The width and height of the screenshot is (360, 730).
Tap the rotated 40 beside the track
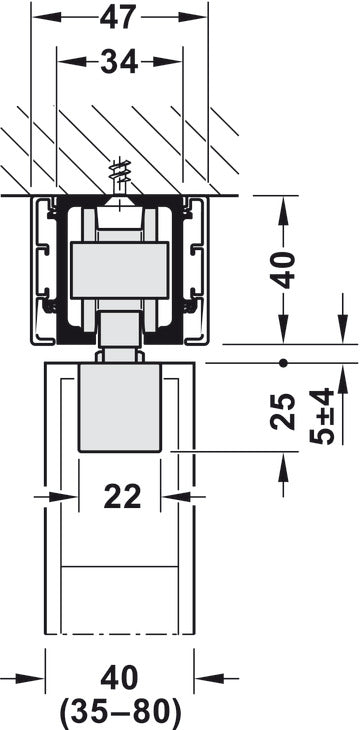[286, 269]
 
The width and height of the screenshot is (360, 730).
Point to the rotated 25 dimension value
[286, 411]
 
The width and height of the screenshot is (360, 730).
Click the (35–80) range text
[121, 711]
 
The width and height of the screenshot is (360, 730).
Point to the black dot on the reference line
[284, 361]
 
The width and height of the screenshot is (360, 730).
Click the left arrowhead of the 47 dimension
[43, 18]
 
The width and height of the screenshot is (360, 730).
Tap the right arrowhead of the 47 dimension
[200, 18]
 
